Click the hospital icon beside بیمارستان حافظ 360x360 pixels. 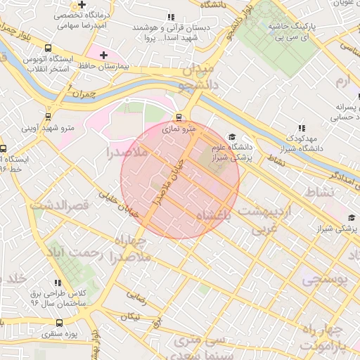click(x=104, y=55)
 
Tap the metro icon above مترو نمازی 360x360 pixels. click(x=179, y=117)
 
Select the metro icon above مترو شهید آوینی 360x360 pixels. click(x=48, y=117)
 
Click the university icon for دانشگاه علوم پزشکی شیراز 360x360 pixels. click(x=232, y=137)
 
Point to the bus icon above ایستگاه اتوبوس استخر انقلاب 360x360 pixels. click(x=48, y=49)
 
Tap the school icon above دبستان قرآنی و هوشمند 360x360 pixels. click(x=169, y=17)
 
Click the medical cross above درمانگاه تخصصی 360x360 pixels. click(x=82, y=4)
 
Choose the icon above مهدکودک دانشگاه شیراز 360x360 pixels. click(x=302, y=127)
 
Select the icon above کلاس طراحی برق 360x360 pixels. click(x=58, y=282)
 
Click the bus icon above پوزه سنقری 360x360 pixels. click(x=58, y=321)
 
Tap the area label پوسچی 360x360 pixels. click(x=325, y=279)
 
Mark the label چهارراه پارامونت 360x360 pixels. click(x=323, y=337)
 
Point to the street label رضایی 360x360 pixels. click(x=136, y=300)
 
